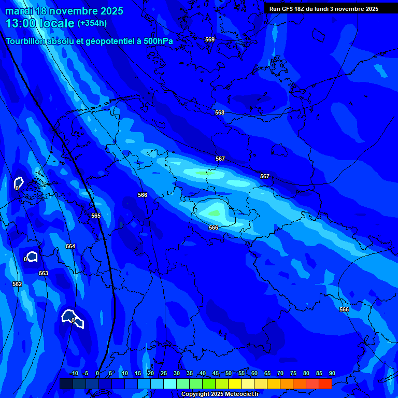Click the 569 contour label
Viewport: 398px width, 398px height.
[x=210, y=40]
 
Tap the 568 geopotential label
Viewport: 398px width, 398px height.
[x=220, y=113]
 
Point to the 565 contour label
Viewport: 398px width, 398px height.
[x=96, y=216]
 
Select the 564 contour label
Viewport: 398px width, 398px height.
[x=70, y=247]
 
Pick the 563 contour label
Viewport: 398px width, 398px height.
[x=44, y=273]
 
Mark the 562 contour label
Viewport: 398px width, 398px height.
[x=17, y=284]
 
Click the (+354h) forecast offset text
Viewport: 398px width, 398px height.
[x=92, y=23]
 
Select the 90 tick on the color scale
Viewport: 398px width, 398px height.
[x=332, y=374]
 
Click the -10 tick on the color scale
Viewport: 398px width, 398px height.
[x=74, y=374]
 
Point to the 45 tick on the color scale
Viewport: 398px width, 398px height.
[x=216, y=374]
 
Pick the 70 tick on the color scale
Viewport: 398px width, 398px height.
[x=280, y=374]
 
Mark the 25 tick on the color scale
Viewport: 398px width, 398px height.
[x=164, y=374]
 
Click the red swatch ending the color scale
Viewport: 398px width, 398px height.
[x=325, y=383]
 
